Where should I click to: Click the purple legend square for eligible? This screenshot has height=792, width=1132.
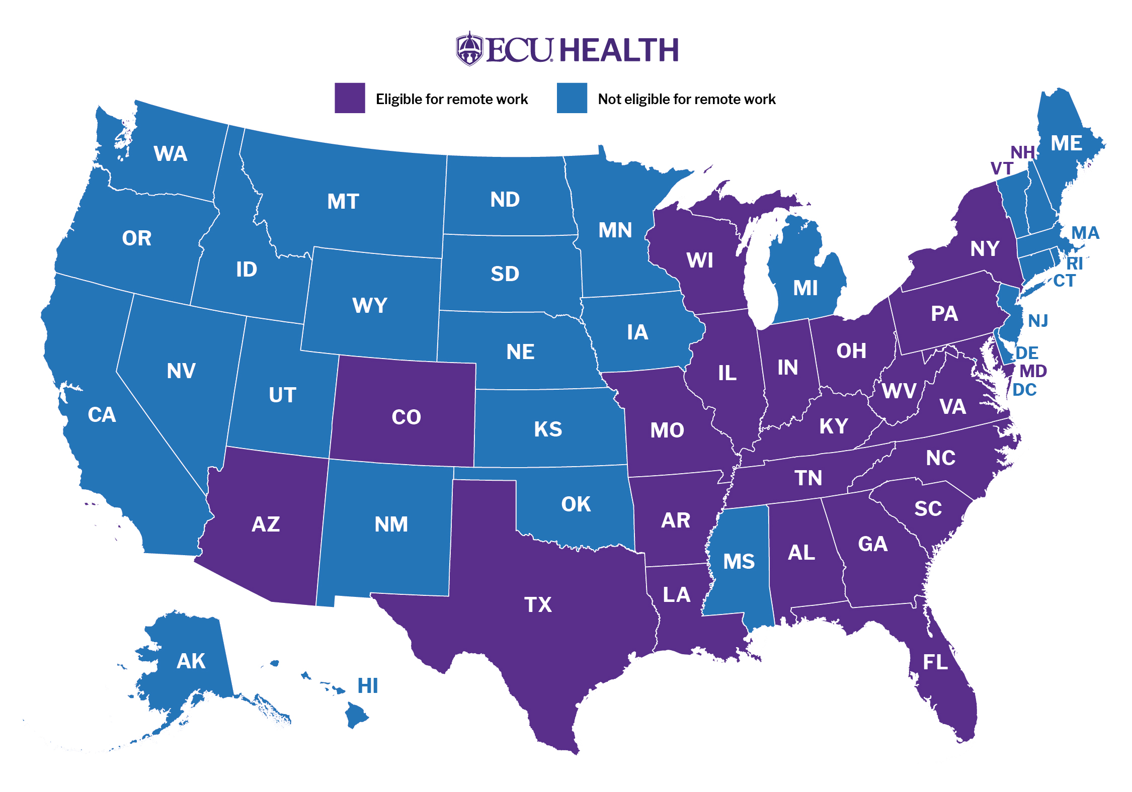click(x=350, y=98)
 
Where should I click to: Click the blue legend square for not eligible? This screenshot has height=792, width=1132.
click(x=572, y=98)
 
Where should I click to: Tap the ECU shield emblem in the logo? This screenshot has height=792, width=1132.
click(x=469, y=49)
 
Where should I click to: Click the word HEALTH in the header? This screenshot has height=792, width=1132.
click(x=619, y=50)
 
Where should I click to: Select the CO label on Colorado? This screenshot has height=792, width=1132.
click(x=406, y=417)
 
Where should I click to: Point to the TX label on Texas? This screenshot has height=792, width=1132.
click(x=538, y=604)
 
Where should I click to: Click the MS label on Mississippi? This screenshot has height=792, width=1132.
click(x=739, y=561)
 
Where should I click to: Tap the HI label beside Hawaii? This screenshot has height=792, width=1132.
click(x=367, y=686)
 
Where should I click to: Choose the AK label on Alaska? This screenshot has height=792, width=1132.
click(x=191, y=661)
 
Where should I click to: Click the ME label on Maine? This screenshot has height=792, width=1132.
click(x=1066, y=144)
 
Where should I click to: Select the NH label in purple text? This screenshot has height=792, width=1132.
click(x=1022, y=152)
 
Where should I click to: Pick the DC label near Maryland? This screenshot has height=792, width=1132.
click(x=1024, y=390)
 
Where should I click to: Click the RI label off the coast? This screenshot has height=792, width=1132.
click(x=1074, y=263)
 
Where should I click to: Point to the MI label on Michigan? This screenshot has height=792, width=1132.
click(x=805, y=288)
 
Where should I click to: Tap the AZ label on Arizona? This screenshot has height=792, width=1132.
click(x=266, y=524)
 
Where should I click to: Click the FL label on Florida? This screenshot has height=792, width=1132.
click(x=935, y=662)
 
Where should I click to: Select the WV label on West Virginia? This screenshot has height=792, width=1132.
click(x=899, y=391)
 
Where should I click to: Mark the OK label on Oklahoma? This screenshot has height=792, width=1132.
click(x=576, y=504)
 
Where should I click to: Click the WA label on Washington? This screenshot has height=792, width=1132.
click(x=171, y=154)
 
